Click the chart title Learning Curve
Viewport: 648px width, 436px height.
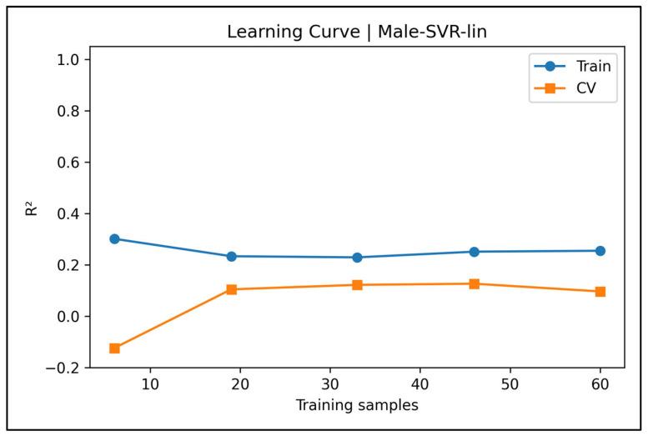click(x=356, y=33)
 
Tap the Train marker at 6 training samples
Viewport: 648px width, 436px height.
click(x=114, y=238)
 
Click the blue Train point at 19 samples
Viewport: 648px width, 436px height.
click(x=231, y=256)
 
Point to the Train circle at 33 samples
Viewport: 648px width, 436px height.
click(x=357, y=258)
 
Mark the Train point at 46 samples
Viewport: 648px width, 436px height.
click(x=474, y=252)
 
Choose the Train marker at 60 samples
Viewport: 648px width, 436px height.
click(x=600, y=250)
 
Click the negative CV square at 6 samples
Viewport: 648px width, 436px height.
click(x=114, y=348)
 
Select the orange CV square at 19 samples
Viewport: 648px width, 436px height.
click(x=231, y=289)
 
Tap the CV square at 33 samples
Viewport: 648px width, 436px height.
click(x=357, y=285)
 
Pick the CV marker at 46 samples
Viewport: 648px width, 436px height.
click(x=474, y=283)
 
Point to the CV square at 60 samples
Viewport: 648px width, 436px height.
click(x=600, y=292)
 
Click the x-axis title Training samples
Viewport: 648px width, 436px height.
click(x=356, y=406)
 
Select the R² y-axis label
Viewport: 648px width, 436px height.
click(x=32, y=208)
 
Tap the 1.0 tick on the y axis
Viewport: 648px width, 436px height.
click(x=68, y=60)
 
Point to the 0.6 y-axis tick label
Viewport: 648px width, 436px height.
click(x=68, y=163)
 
